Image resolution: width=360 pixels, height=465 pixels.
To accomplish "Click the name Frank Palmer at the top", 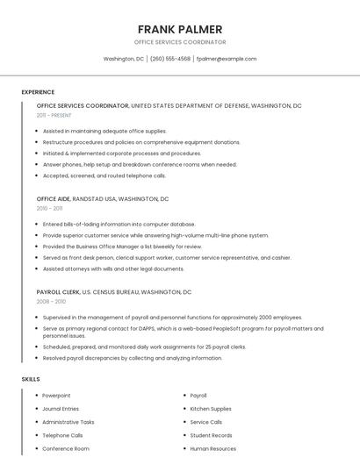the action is point(180,29).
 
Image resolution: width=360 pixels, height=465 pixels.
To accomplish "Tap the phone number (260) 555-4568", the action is point(169,59).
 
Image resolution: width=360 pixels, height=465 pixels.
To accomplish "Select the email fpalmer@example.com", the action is point(227,59).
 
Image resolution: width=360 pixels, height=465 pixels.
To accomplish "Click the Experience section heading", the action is point(38,92).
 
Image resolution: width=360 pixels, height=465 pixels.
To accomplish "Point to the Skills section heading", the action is point(31,379).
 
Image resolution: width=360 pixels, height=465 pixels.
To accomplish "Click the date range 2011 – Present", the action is point(54,115).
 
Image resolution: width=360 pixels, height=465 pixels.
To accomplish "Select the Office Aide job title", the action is point(52,199).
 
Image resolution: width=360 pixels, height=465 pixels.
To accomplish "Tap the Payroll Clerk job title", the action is point(58,291).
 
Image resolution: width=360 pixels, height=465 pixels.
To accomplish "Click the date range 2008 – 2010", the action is point(51,301).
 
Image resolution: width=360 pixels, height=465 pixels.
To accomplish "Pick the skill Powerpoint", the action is point(56,396).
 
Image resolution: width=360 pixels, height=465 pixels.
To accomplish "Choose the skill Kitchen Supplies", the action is point(211,409).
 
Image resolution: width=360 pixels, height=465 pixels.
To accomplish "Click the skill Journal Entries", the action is point(61,409).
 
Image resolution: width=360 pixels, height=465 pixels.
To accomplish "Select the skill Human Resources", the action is point(213,448).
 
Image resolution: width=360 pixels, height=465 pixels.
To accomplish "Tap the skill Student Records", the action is point(212,435).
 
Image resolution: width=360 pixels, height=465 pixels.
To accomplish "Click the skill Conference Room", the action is point(66,448).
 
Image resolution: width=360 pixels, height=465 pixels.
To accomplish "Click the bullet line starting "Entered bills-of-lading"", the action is point(119,224).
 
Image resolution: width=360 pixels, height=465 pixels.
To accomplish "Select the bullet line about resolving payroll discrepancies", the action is point(132,358).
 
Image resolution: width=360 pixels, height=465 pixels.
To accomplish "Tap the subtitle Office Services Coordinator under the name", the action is point(180,42).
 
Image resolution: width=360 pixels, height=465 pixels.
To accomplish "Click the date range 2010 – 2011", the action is point(49,209).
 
